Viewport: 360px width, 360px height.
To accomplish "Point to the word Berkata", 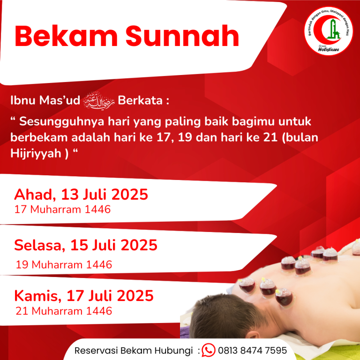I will pyautogui.click(x=142, y=101).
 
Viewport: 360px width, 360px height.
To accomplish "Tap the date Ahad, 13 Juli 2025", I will pyautogui.click(x=81, y=195).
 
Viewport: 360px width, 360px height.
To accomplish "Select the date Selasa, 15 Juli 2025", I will pyautogui.click(x=86, y=245).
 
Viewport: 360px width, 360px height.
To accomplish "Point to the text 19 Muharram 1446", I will pyautogui.click(x=64, y=264).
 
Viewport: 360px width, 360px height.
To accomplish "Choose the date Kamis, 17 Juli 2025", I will pyautogui.click(x=84, y=296).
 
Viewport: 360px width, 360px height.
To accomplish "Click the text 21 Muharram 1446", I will pyautogui.click(x=64, y=310).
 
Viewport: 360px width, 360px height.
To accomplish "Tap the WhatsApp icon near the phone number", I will pyautogui.click(x=208, y=350).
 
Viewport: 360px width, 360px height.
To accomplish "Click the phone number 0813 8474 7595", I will pyautogui.click(x=252, y=351).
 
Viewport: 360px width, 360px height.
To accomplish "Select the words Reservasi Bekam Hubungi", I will pyautogui.click(x=134, y=351).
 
